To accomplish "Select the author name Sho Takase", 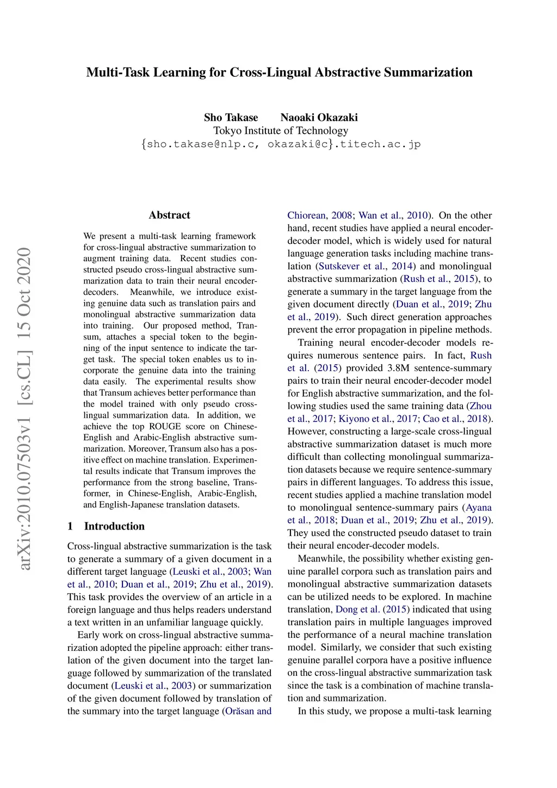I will (x=231, y=118).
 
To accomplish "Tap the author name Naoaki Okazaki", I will (x=319, y=118).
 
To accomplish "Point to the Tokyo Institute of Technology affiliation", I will (x=281, y=131).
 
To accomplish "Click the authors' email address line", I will (x=281, y=144).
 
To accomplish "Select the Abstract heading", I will (x=169, y=215).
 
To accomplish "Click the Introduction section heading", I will (x=114, y=526).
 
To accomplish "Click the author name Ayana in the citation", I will (x=479, y=508).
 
